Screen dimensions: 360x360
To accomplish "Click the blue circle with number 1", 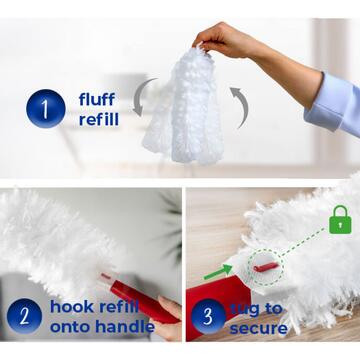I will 44,108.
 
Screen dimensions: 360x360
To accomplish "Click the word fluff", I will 98,98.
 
